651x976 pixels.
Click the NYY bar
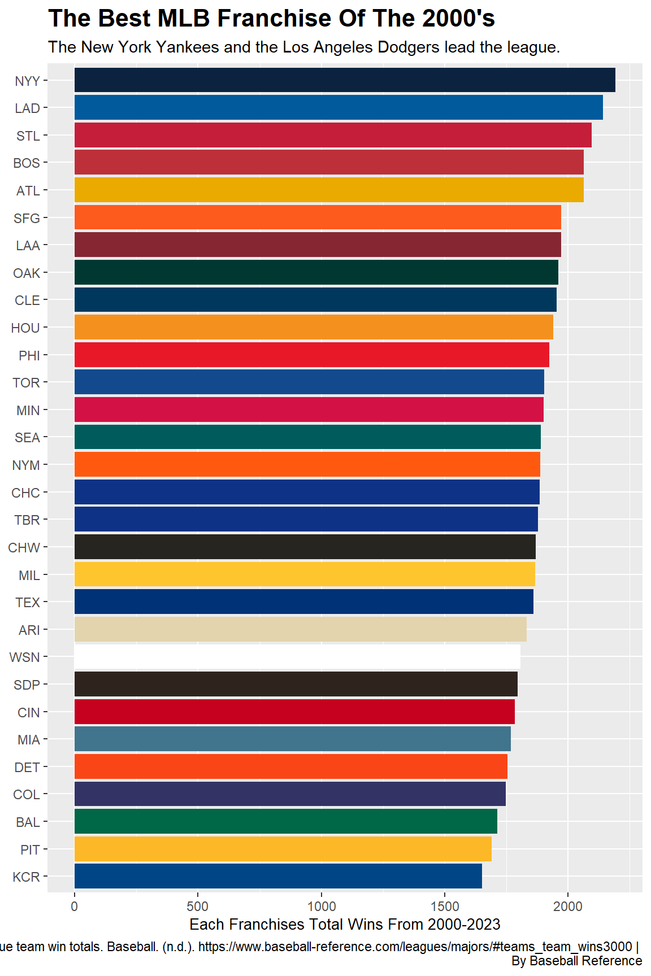(x=345, y=80)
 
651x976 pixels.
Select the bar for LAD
(x=338, y=107)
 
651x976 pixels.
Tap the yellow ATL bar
(x=329, y=190)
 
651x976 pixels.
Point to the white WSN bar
(x=297, y=657)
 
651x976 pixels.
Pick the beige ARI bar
(x=301, y=629)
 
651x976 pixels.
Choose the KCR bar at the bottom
(x=278, y=876)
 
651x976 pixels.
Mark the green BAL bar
(x=286, y=821)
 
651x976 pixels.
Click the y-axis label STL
(x=28, y=136)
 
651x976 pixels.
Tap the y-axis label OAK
(x=27, y=273)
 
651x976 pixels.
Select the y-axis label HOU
(x=25, y=328)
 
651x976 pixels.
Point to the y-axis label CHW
(x=24, y=547)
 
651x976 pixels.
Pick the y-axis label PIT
(x=30, y=849)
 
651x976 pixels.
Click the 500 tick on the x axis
(x=198, y=907)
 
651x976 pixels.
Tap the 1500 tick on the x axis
(x=445, y=907)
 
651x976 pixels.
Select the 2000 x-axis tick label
(x=568, y=907)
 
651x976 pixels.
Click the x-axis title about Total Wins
(x=345, y=925)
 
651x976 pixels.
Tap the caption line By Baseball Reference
(x=576, y=961)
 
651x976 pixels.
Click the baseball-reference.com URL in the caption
(x=415, y=947)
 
